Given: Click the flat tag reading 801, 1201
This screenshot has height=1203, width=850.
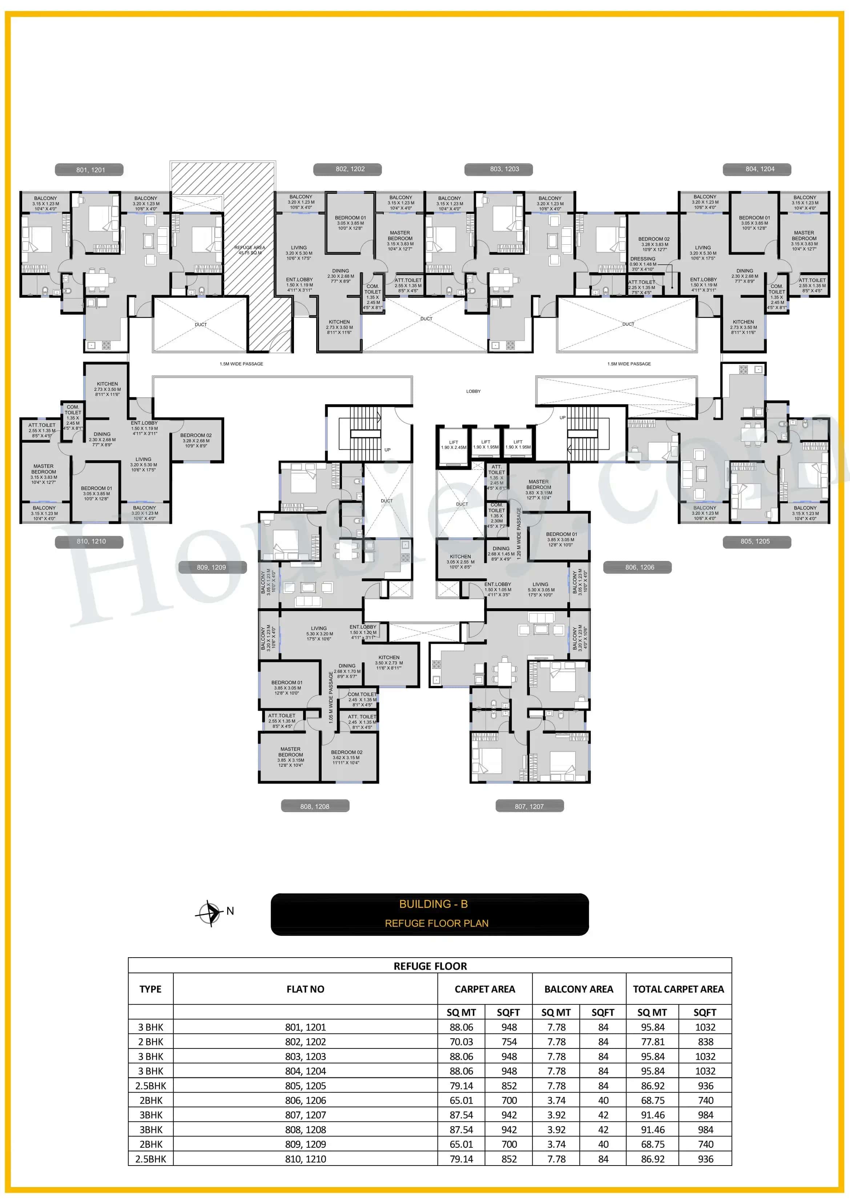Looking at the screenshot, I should point(90,170).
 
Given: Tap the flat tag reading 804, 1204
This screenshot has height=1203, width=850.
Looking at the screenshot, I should point(760,169).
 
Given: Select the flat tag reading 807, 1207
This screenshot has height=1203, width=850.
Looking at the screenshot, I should point(529,806).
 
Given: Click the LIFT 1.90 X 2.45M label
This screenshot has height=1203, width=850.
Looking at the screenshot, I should point(454,445).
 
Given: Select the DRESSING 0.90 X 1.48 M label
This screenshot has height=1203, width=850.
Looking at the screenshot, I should point(642,264).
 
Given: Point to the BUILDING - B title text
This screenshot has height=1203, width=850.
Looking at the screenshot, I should point(433,904).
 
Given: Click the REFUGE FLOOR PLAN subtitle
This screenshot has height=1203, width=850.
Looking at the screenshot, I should point(436,923).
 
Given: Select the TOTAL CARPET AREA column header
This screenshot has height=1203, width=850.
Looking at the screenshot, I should point(678,989).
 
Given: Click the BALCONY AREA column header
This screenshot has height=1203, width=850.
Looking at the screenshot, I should point(578,989).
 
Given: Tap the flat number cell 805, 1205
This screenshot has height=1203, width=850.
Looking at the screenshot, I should point(305,1086).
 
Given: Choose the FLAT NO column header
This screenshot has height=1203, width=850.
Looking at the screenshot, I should point(305,989).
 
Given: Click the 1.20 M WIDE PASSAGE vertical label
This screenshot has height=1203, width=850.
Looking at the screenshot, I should point(519,533).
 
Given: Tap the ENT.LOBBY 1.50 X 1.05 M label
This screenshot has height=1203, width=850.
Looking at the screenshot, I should point(497,589).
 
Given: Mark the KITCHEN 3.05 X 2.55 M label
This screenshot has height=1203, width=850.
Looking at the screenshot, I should point(460,562).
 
